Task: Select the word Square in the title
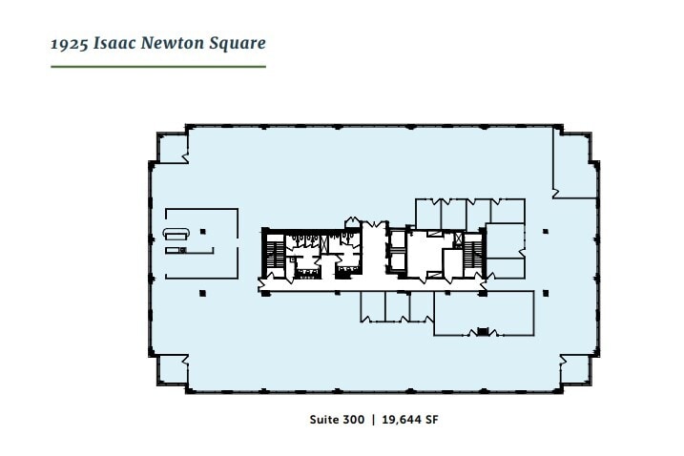tap(238, 44)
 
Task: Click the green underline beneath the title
tap(158, 67)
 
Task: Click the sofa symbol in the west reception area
tap(176, 234)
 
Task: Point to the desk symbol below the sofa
tap(175, 250)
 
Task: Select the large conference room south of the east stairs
tap(483, 313)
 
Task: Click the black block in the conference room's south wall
tap(483, 332)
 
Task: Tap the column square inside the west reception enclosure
tap(201, 230)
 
